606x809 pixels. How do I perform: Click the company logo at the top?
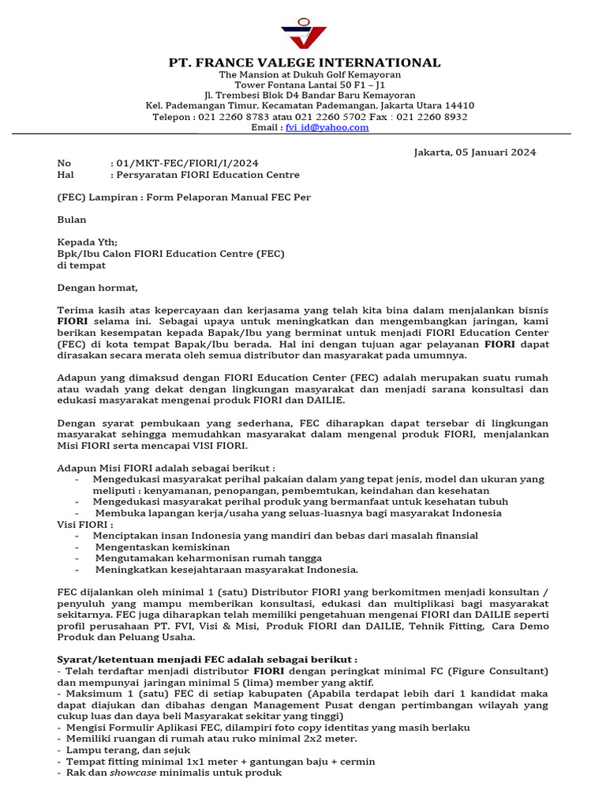(x=304, y=33)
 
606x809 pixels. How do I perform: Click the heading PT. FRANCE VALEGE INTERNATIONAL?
(x=305, y=63)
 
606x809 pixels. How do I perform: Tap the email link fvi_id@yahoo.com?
(x=327, y=127)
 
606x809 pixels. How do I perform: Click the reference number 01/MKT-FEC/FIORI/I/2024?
(x=187, y=164)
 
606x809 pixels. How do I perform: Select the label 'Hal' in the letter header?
(x=65, y=175)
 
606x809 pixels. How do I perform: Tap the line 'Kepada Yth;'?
(x=87, y=243)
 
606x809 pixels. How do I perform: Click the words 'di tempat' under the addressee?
(x=81, y=265)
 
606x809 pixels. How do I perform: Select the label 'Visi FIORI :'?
(x=85, y=524)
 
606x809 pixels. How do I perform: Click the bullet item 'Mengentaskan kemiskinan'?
(x=163, y=547)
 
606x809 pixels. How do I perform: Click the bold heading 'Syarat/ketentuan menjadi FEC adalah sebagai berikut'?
(x=207, y=660)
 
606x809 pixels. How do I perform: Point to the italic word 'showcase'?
(x=133, y=773)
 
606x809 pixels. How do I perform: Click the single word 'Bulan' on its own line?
(x=72, y=220)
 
